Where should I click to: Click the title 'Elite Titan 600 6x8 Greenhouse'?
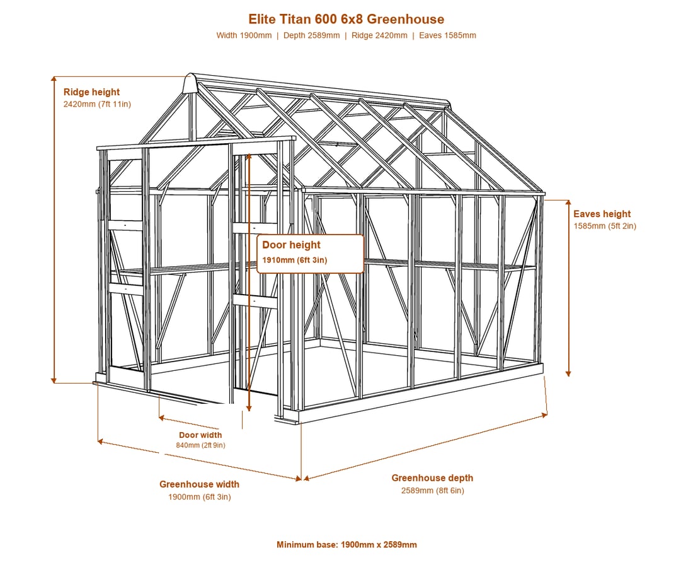coord(346,19)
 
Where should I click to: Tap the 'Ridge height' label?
coord(91,92)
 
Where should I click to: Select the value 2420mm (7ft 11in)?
coord(97,104)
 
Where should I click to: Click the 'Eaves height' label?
coord(602,214)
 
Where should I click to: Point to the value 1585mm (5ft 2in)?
coord(605,226)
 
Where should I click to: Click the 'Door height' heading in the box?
coord(291,245)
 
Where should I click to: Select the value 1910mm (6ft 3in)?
coord(295,260)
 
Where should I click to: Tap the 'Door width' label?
coord(200,435)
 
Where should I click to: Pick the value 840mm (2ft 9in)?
coord(200,445)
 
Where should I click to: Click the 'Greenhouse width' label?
coord(199,484)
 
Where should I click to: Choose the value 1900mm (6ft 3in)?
coord(199,497)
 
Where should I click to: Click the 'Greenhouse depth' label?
coord(432,478)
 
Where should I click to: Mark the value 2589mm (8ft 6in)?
coord(433,490)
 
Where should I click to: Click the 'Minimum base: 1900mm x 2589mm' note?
coord(346,544)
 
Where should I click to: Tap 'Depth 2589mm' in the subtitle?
coord(312,35)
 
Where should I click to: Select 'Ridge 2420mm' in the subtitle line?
coord(379,35)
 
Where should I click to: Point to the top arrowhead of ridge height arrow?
coord(54,79)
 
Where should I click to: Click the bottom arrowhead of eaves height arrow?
coord(568,374)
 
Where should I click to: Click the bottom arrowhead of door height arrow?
coord(249,408)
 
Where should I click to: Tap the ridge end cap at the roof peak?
coord(190,83)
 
